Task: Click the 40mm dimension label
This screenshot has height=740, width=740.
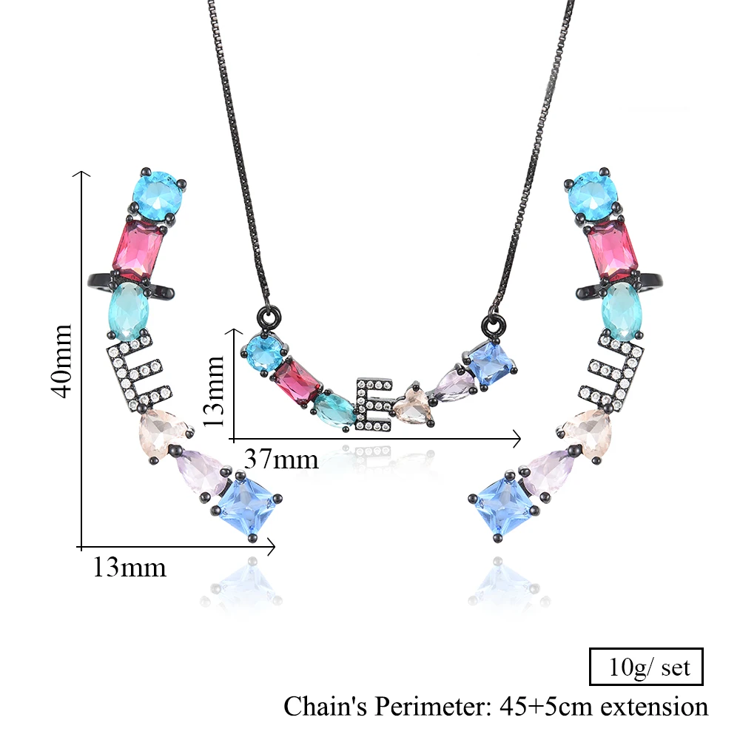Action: coord(62,361)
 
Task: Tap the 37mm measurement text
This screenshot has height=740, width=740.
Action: coord(281,459)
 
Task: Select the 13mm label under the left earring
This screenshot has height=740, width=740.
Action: coord(129,567)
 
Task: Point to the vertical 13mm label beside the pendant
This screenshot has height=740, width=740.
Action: coord(213,391)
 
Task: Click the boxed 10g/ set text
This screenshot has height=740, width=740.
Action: coord(650,667)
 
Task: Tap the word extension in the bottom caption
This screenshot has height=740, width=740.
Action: coord(654,707)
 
